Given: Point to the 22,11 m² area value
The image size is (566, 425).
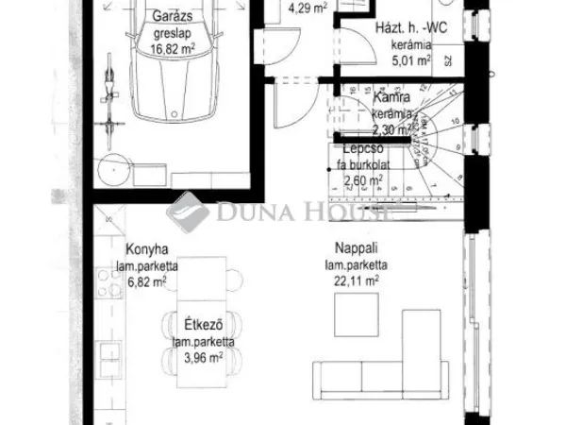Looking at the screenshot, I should coord(355,280).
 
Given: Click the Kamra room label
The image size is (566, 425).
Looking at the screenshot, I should coord(390,97).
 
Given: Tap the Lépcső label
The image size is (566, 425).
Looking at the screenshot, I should coord(361,150).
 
